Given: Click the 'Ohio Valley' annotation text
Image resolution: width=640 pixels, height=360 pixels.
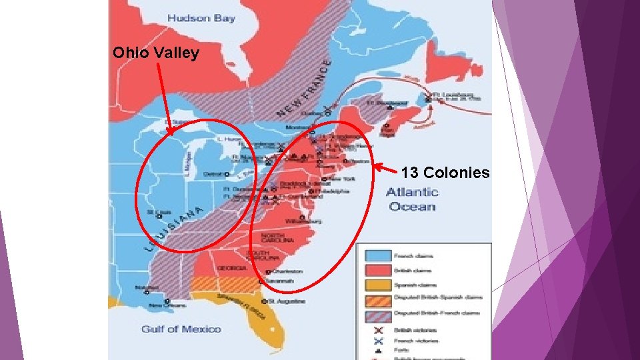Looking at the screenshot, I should coord(155,53).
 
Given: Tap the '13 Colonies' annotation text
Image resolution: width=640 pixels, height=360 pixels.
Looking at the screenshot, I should coord(445,173).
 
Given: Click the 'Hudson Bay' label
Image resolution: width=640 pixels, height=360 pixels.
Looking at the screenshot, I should coord(201,18).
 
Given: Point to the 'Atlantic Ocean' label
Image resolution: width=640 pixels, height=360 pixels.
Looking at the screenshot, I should coord(412,199).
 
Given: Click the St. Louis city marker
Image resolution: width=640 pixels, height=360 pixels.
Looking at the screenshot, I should coord(159,215).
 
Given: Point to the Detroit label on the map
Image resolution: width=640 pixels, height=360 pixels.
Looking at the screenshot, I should coord(212,173).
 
